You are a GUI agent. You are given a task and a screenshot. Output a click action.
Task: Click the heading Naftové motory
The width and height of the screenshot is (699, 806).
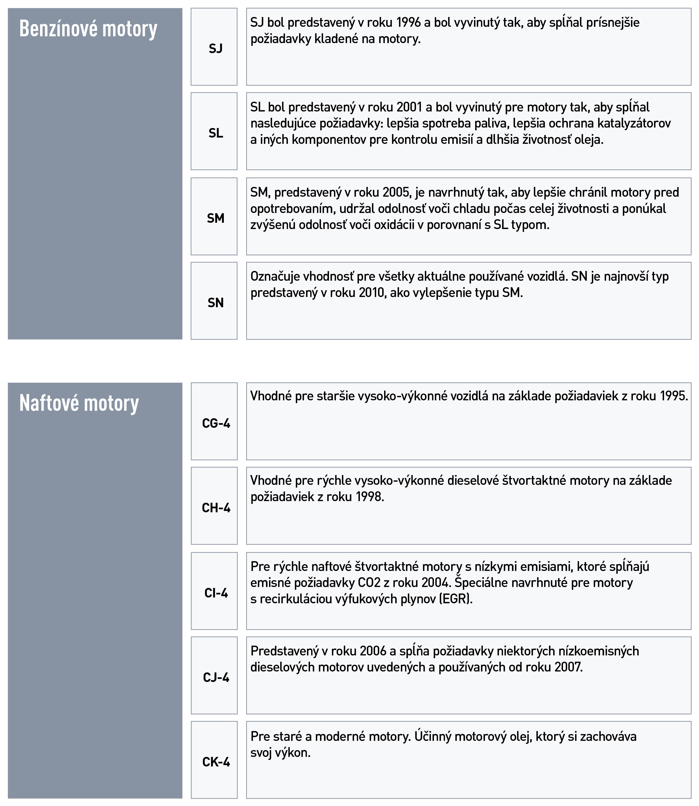pos(79,403)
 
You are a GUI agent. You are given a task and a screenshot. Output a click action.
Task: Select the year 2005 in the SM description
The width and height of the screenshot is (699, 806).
pos(397,192)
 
